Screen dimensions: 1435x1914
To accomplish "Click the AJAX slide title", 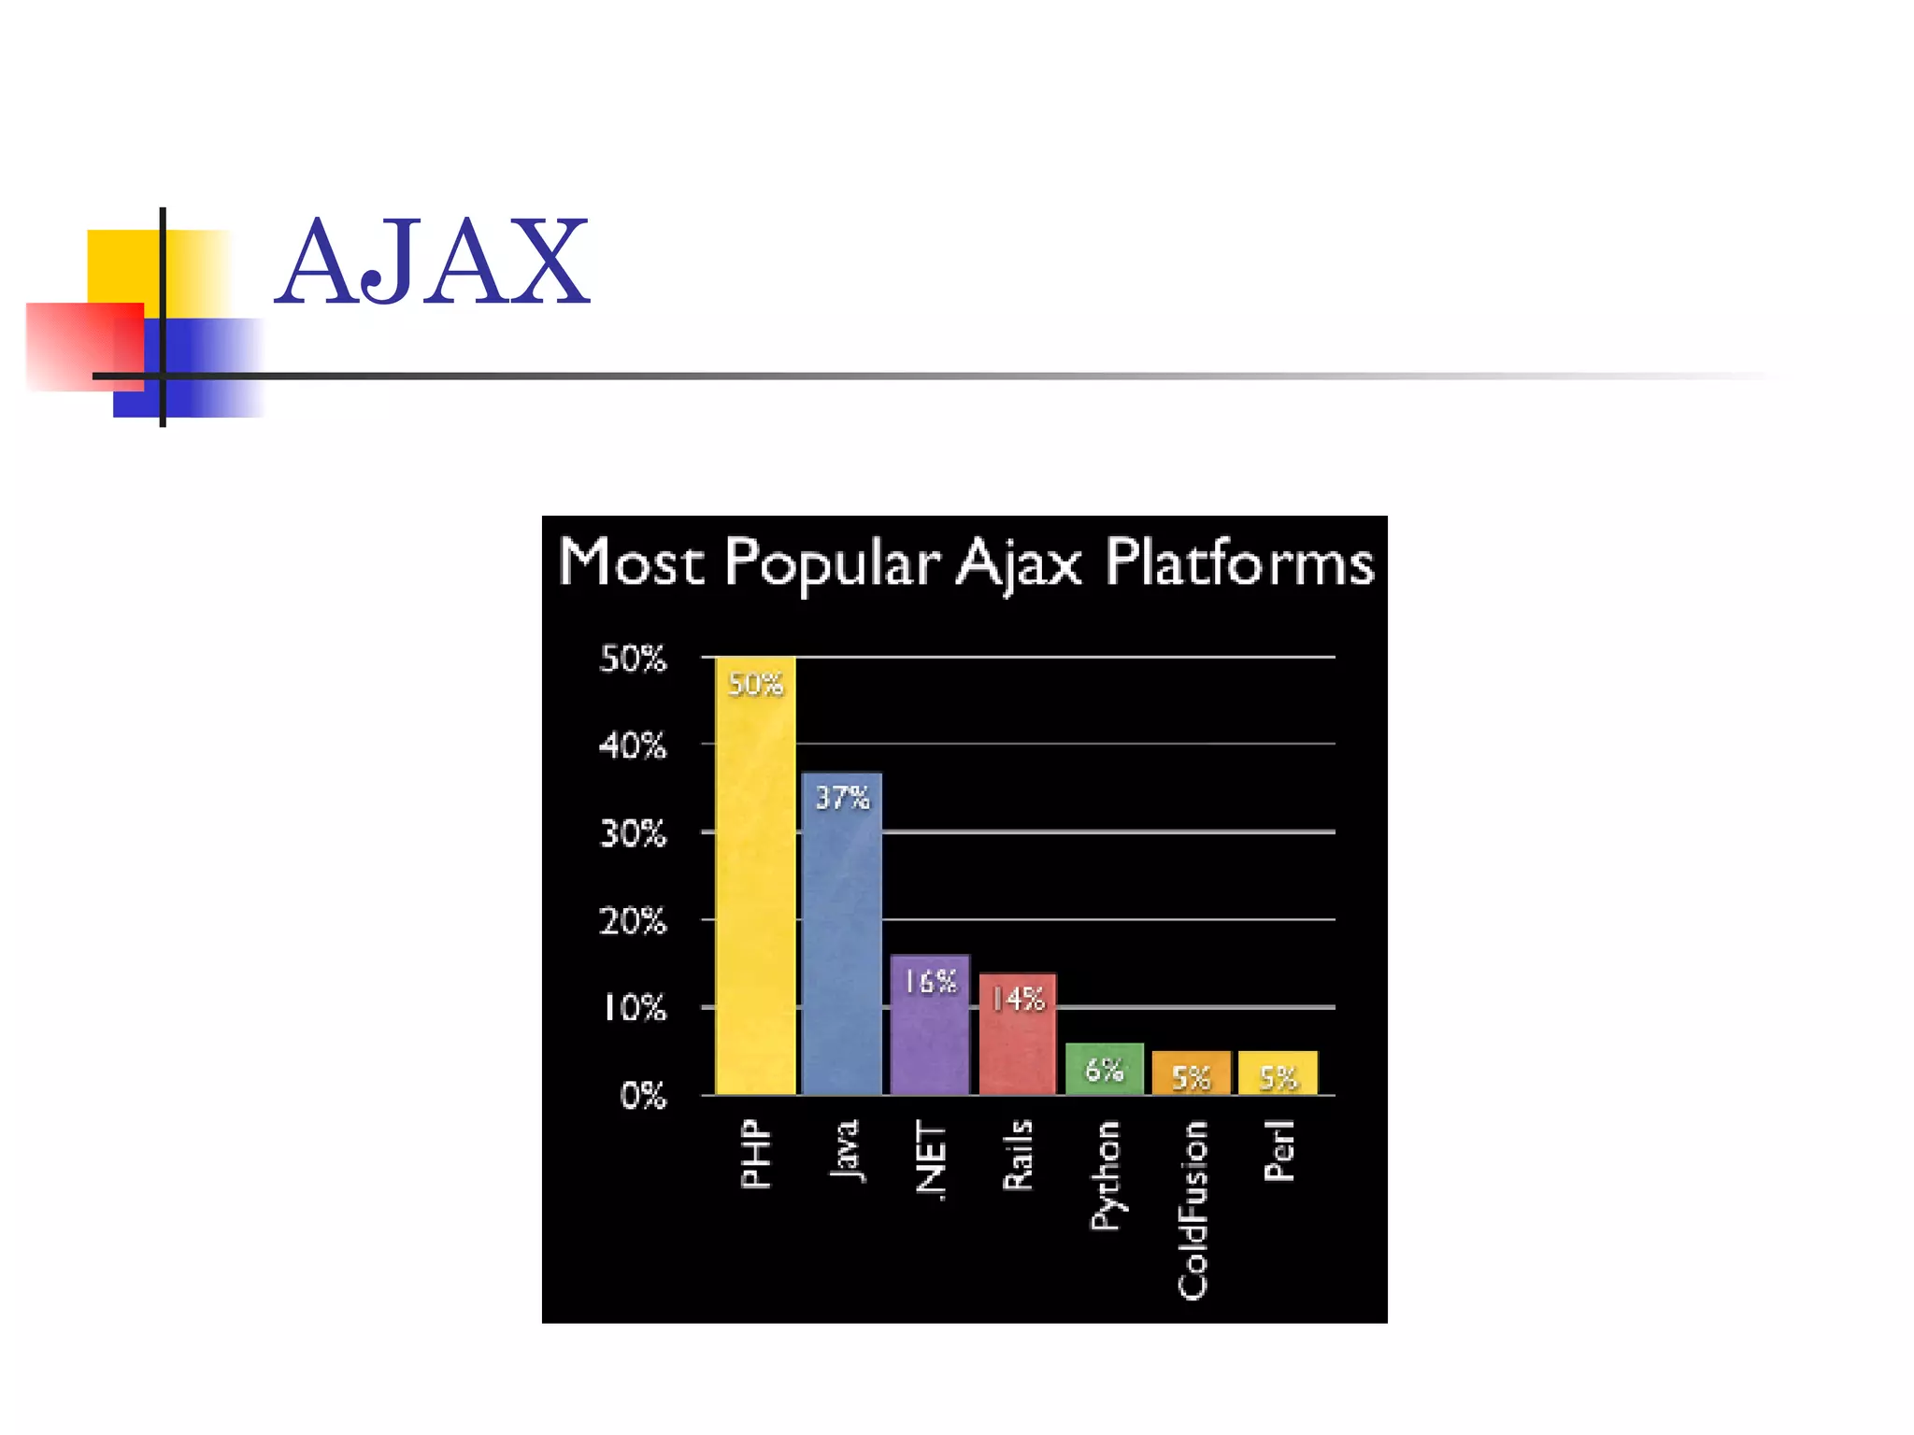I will coord(433,263).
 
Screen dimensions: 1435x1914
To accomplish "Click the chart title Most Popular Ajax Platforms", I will coord(965,562).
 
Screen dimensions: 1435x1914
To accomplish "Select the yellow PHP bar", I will coord(755,888).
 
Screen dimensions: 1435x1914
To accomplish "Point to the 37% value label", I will coord(842,798).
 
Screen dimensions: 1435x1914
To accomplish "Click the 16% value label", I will coord(930,982).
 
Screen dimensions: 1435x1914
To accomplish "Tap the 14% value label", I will coord(1018,1000).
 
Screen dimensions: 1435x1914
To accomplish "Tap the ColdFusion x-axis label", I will coord(1193,1210).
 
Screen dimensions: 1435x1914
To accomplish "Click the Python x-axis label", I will coord(1106,1175).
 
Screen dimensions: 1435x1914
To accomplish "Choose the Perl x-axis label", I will coord(1279,1151).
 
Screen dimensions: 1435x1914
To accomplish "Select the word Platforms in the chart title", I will coord(1239,562).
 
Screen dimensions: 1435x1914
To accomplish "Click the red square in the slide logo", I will coord(84,346).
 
